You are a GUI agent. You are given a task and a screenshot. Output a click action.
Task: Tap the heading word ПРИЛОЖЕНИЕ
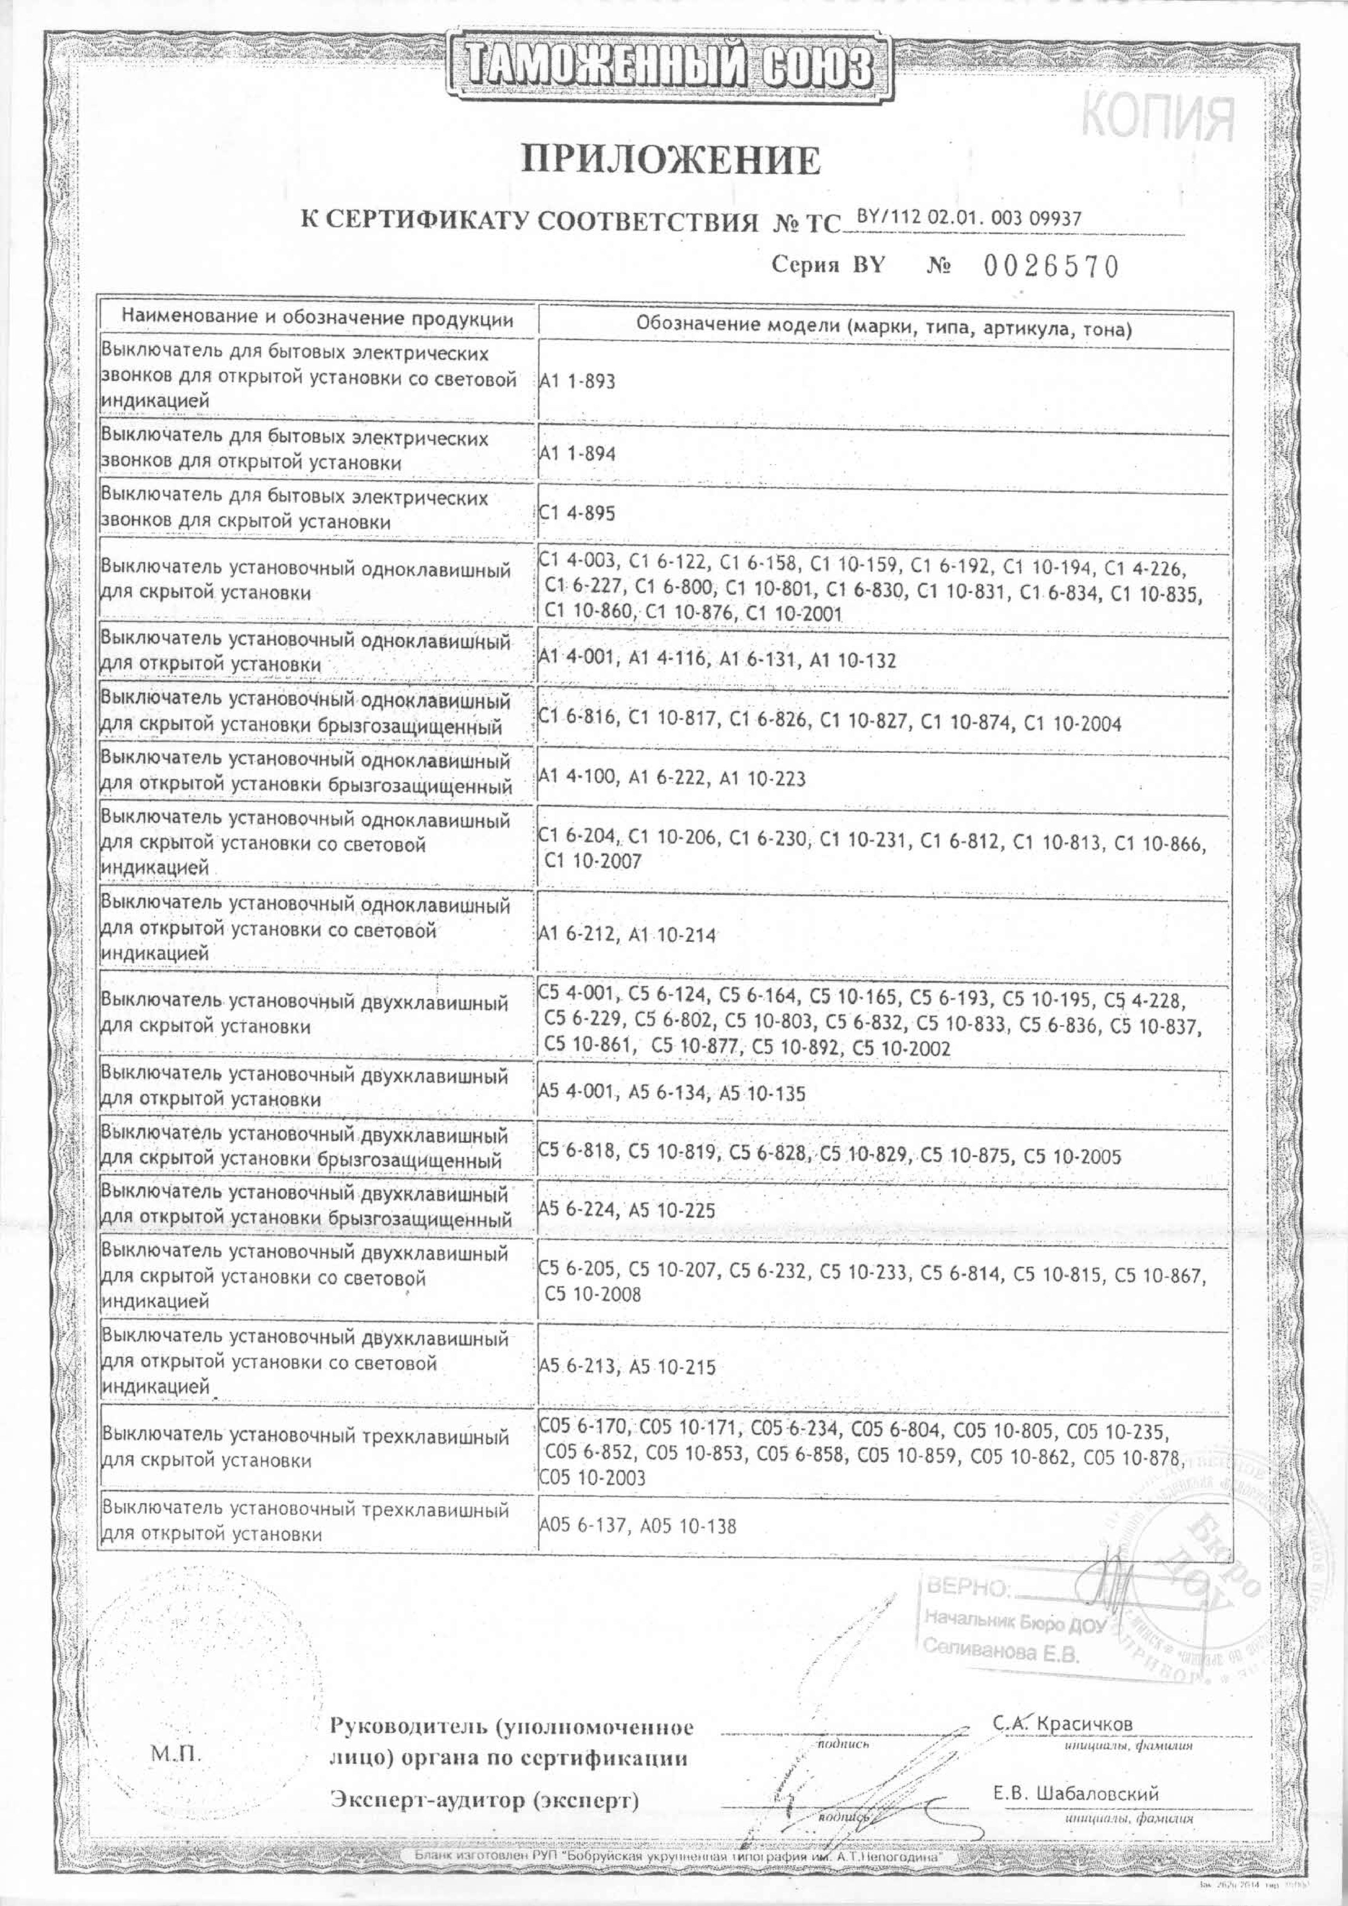tap(671, 160)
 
